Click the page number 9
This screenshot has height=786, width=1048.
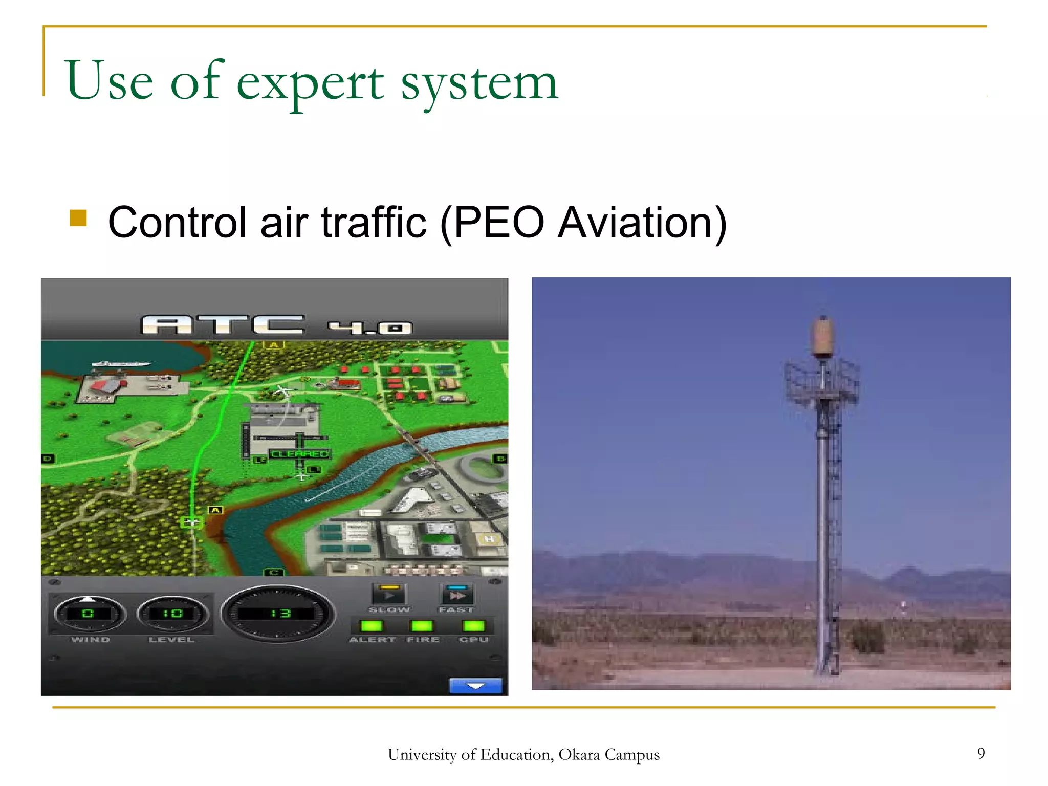tap(980, 753)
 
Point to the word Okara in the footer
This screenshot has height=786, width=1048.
tap(579, 755)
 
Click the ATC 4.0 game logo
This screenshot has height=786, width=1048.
tap(276, 325)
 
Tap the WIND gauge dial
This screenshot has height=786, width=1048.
tap(89, 614)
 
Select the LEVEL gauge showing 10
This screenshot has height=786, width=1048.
tap(172, 614)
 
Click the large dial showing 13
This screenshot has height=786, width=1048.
tap(278, 614)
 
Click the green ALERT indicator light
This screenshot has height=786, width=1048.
tap(372, 626)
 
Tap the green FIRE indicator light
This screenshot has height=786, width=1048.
tap(422, 626)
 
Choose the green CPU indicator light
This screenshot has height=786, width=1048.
tap(473, 626)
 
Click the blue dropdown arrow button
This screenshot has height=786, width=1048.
tap(475, 686)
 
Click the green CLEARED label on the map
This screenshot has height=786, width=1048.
tap(300, 454)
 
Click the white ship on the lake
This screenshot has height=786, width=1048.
tap(121, 364)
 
